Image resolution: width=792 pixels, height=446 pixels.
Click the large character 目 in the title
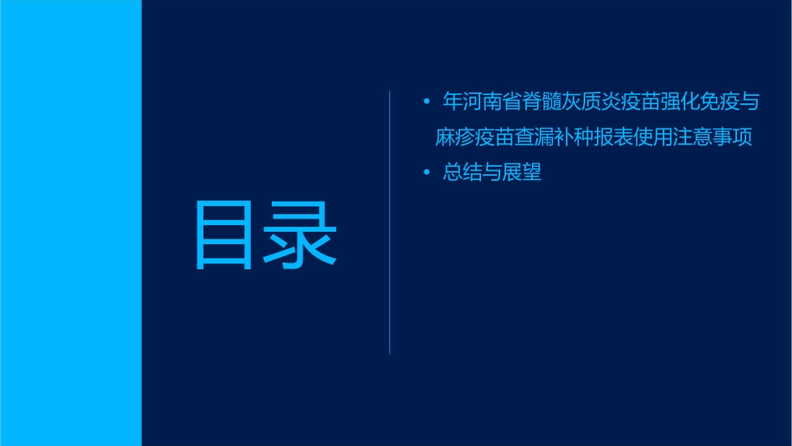223,235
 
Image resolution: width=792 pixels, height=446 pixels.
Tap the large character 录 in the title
302,235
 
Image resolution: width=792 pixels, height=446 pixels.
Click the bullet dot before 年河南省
427,103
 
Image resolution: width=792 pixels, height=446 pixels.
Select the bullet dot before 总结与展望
427,173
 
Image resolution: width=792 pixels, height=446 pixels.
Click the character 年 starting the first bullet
453,103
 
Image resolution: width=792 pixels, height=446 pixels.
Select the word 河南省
494,103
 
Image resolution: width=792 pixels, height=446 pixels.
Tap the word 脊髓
544,103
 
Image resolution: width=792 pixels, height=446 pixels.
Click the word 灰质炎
595,103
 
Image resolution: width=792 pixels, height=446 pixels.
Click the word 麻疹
456,138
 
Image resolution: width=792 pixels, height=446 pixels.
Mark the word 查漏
538,138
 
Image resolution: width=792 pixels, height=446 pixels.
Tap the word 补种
579,138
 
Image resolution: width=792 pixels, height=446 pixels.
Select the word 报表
619,138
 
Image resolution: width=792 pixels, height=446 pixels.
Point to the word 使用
660,138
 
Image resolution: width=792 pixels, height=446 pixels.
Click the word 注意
701,138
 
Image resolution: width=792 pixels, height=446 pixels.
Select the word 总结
463,173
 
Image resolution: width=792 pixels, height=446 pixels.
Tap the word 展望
524,173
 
